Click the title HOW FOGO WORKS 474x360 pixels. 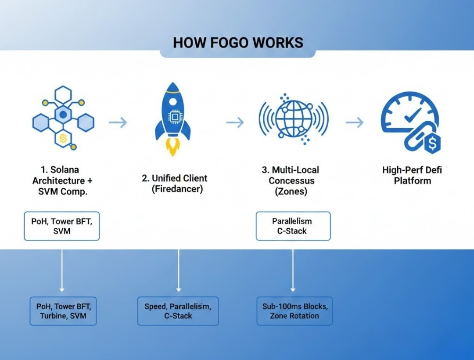pyautogui.click(x=238, y=43)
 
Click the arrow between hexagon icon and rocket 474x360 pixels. pyautogui.click(x=118, y=122)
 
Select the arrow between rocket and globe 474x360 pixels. pyautogui.click(x=235, y=122)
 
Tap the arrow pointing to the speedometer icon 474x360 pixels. pyautogui.click(x=355, y=122)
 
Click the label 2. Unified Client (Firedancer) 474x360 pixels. pyautogui.click(x=174, y=184)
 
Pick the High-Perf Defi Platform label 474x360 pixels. pyautogui.click(x=412, y=175)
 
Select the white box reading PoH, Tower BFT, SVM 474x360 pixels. pyautogui.click(x=62, y=226)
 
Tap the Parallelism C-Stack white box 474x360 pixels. pyautogui.click(x=293, y=226)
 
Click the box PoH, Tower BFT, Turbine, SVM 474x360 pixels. pyautogui.click(x=63, y=311)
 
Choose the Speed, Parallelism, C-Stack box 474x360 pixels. pyautogui.click(x=178, y=311)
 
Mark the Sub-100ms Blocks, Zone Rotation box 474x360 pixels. pyautogui.click(x=294, y=311)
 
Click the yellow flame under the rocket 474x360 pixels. pyautogui.click(x=173, y=148)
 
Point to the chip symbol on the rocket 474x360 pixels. pyautogui.click(x=175, y=117)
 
